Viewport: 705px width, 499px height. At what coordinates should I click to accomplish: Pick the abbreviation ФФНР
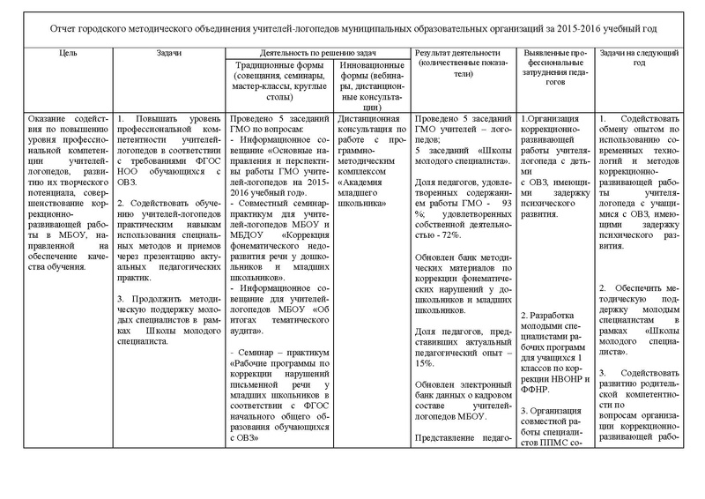tap(535, 388)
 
